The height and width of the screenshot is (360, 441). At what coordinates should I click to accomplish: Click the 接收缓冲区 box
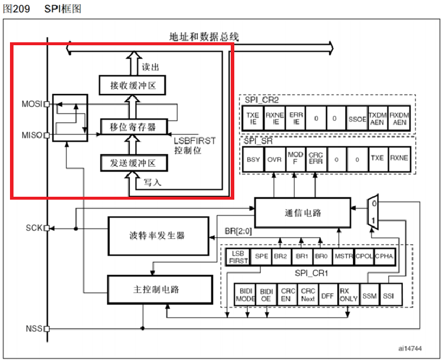[132, 86]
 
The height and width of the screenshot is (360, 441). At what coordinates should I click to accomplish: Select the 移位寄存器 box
[132, 126]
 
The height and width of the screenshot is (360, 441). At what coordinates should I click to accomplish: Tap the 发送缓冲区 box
[132, 162]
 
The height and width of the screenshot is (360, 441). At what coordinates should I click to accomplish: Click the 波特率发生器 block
[157, 235]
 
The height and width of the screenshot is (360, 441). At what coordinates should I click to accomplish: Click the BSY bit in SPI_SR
[253, 158]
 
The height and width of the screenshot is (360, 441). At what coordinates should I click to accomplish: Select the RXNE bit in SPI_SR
[400, 158]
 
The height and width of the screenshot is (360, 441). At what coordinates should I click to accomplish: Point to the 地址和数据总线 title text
[203, 38]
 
